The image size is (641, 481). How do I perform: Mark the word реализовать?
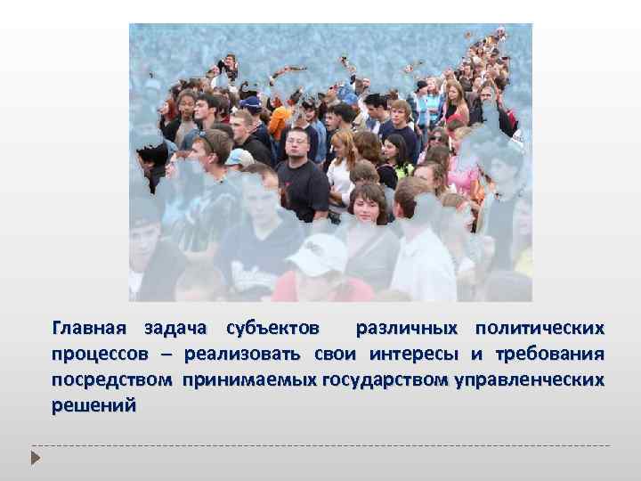(243, 355)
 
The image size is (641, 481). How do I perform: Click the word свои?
(337, 355)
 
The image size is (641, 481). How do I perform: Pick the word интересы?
(413, 355)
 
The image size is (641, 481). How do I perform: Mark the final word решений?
(93, 405)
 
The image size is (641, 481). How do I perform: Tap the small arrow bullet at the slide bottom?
(37, 458)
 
